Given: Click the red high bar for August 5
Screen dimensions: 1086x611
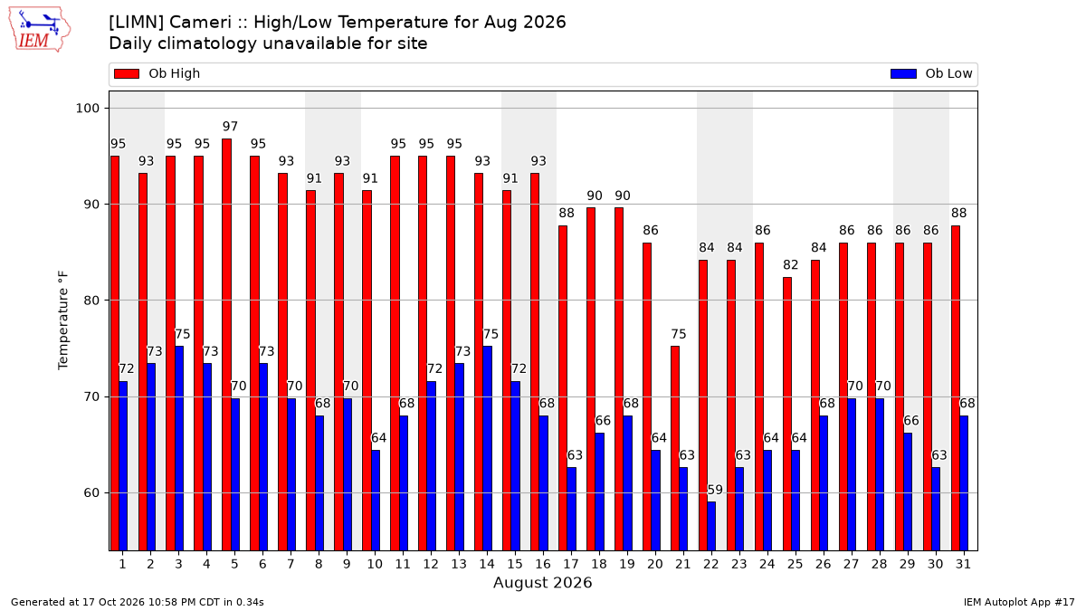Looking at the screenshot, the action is click(226, 345).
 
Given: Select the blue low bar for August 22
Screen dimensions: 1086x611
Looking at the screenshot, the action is click(711, 526).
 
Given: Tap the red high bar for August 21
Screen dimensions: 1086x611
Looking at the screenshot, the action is click(675, 449).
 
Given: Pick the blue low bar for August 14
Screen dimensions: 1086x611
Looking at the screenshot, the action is click(487, 449).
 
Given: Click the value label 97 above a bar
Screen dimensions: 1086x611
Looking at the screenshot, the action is click(230, 127).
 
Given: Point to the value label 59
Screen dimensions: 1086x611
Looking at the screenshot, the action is click(715, 490).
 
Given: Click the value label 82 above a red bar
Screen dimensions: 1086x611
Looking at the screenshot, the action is click(791, 264).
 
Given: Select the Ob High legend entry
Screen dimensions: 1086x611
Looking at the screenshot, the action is click(157, 73).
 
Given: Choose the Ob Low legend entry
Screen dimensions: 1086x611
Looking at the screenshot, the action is click(931, 73).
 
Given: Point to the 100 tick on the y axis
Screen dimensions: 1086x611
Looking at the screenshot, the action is click(87, 108).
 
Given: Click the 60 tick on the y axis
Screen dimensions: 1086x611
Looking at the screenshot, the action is click(91, 493).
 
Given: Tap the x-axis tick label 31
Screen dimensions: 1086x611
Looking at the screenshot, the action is click(963, 565).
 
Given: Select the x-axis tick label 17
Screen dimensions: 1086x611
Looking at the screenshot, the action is click(571, 565).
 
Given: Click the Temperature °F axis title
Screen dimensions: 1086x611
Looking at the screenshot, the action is click(63, 320).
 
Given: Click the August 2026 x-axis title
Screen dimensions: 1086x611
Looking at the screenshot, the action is click(542, 582).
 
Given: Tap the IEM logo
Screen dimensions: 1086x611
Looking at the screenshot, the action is click(40, 30).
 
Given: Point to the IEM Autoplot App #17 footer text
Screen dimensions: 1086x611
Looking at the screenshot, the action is click(1019, 602).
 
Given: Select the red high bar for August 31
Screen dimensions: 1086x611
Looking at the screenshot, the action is click(956, 388).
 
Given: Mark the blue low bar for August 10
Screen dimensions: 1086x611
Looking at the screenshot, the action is click(376, 501).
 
